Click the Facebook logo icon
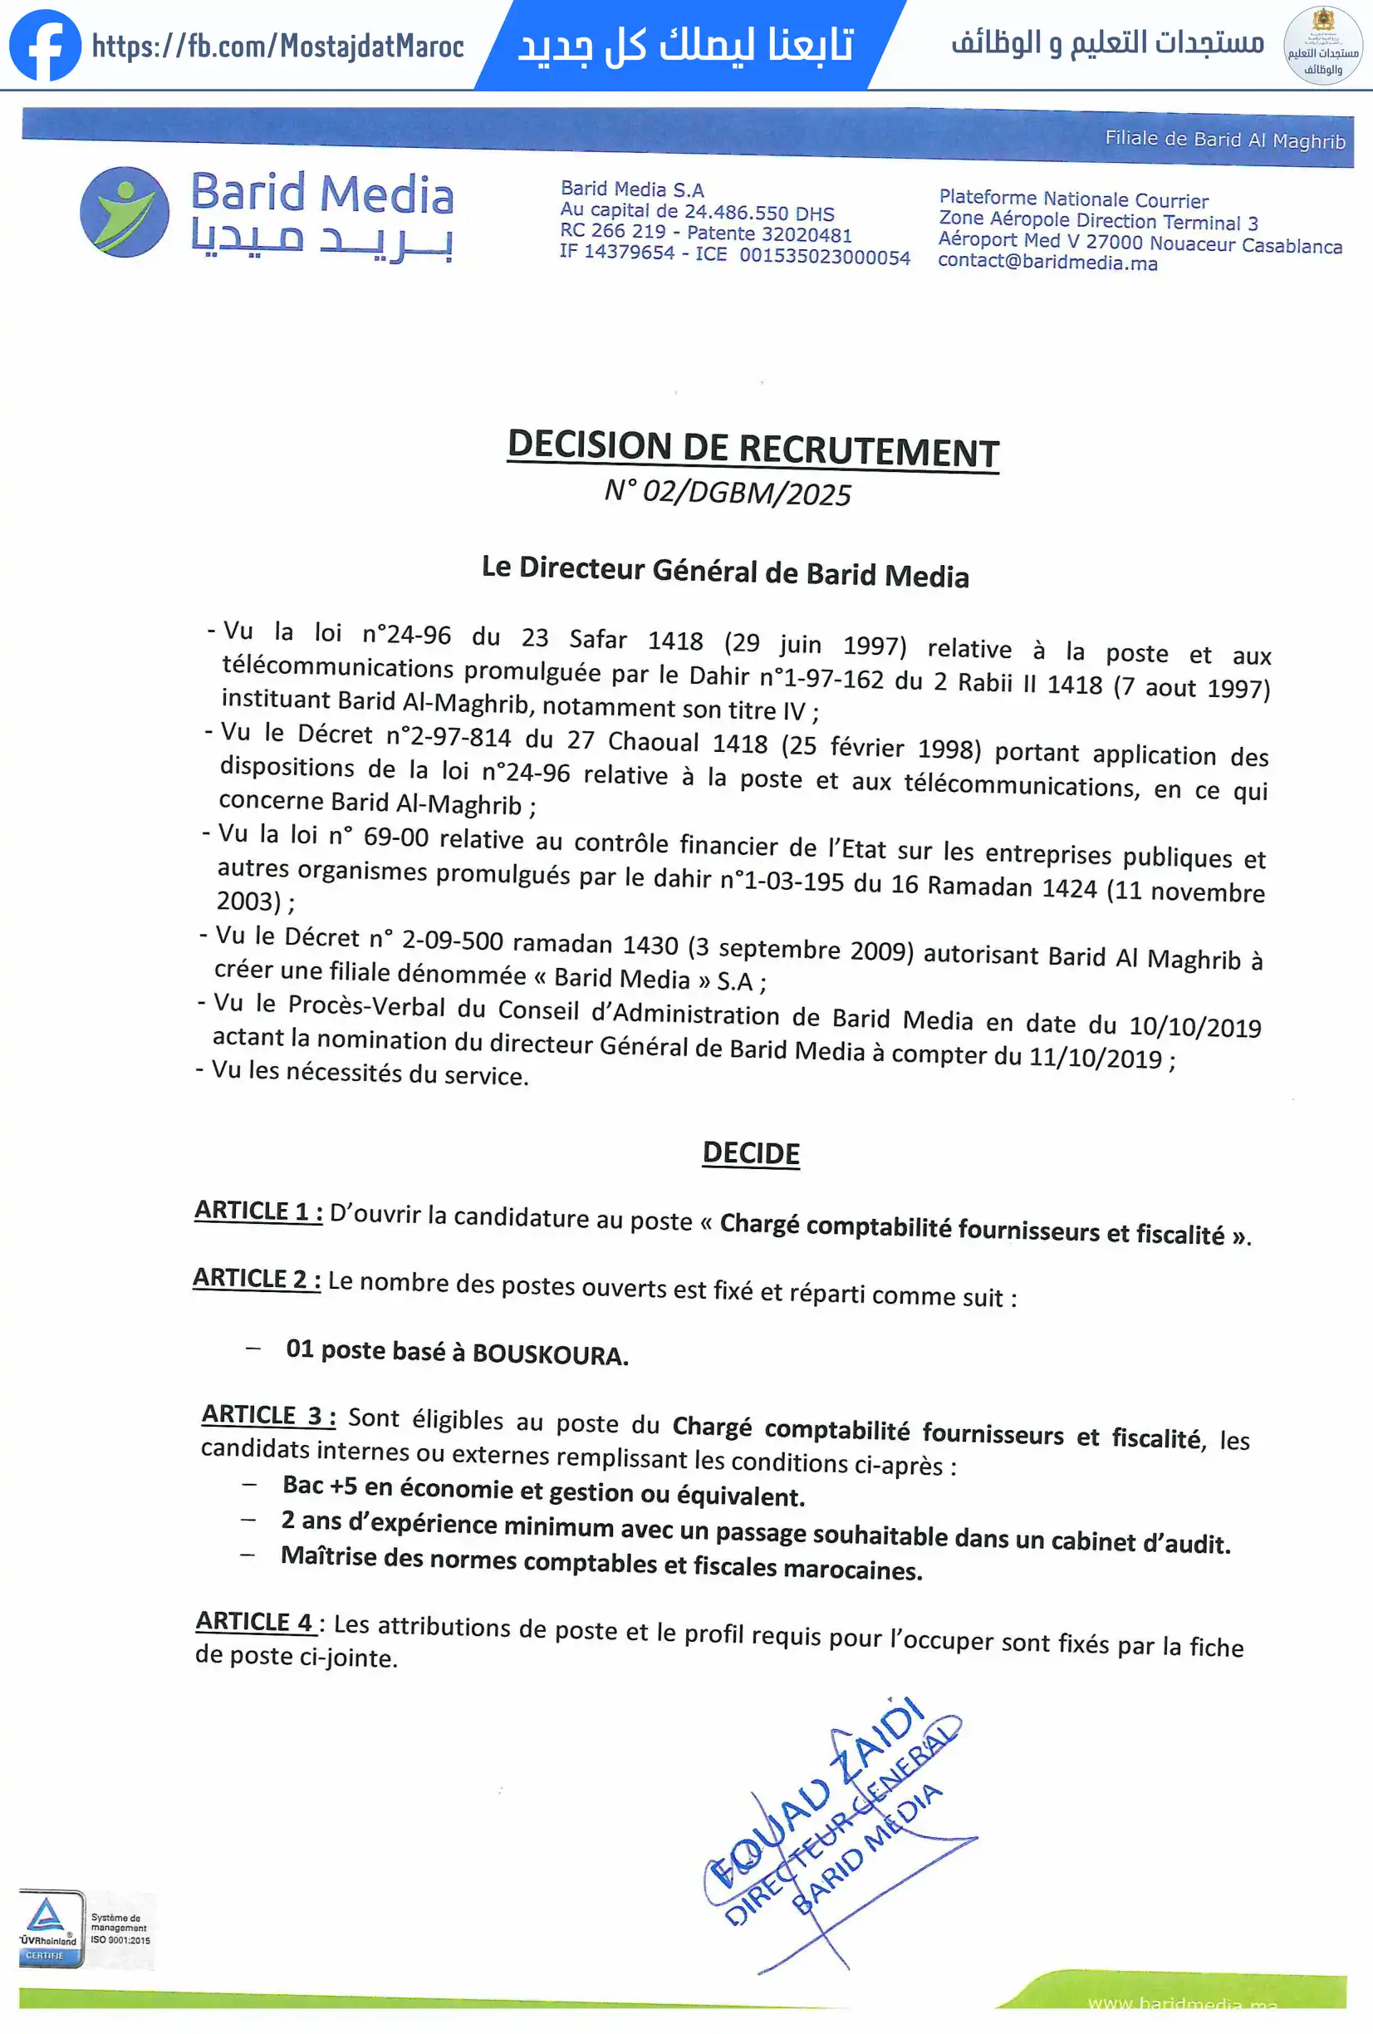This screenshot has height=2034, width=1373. pyautogui.click(x=45, y=46)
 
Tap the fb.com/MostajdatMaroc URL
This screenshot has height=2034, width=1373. pyautogui.click(x=277, y=47)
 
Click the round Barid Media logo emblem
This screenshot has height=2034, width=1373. pyautogui.click(x=125, y=212)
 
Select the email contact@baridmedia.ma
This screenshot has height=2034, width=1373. pyautogui.click(x=1047, y=263)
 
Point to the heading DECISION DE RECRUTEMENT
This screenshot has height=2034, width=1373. pyautogui.click(x=753, y=448)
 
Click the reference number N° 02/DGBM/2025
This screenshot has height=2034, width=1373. pyautogui.click(x=727, y=493)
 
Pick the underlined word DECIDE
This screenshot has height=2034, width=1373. pyautogui.click(x=751, y=1153)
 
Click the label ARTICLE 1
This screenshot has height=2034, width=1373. pyautogui.click(x=257, y=1211)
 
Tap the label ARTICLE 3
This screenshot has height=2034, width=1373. pyautogui.click(x=267, y=1415)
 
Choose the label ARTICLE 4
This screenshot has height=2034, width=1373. pyautogui.click(x=255, y=1622)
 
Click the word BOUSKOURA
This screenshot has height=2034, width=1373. pyautogui.click(x=550, y=1355)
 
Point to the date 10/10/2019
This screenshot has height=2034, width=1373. pyautogui.click(x=1194, y=1027)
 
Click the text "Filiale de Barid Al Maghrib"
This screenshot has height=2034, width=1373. pyautogui.click(x=1224, y=139)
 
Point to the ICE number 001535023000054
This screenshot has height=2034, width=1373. pyautogui.click(x=824, y=257)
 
